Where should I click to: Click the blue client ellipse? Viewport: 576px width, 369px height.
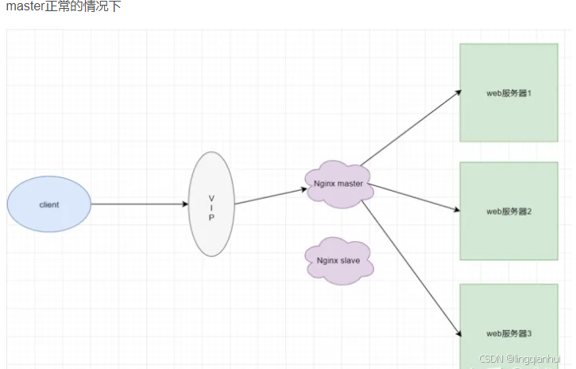(x=49, y=204)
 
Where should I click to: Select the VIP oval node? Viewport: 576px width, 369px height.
(x=212, y=204)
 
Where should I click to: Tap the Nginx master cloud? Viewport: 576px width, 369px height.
(x=338, y=184)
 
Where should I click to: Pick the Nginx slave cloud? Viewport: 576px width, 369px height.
(x=339, y=260)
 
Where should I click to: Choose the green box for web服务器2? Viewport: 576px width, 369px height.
(x=508, y=211)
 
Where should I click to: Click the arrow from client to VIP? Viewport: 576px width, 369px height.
(x=139, y=204)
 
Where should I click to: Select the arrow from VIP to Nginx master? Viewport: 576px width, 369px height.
(x=270, y=196)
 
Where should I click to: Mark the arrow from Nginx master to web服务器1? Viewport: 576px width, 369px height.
(x=411, y=128)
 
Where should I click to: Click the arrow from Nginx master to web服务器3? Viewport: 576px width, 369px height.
(x=410, y=266)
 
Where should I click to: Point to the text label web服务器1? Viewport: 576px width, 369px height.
(x=508, y=93)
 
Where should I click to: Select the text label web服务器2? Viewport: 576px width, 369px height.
(x=508, y=212)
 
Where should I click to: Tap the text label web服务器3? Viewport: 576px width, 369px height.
(x=508, y=333)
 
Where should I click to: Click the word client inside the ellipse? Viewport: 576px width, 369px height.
(x=49, y=205)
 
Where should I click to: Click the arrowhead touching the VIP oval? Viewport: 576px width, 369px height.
(x=185, y=204)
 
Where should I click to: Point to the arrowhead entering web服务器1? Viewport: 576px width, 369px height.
(x=458, y=91)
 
